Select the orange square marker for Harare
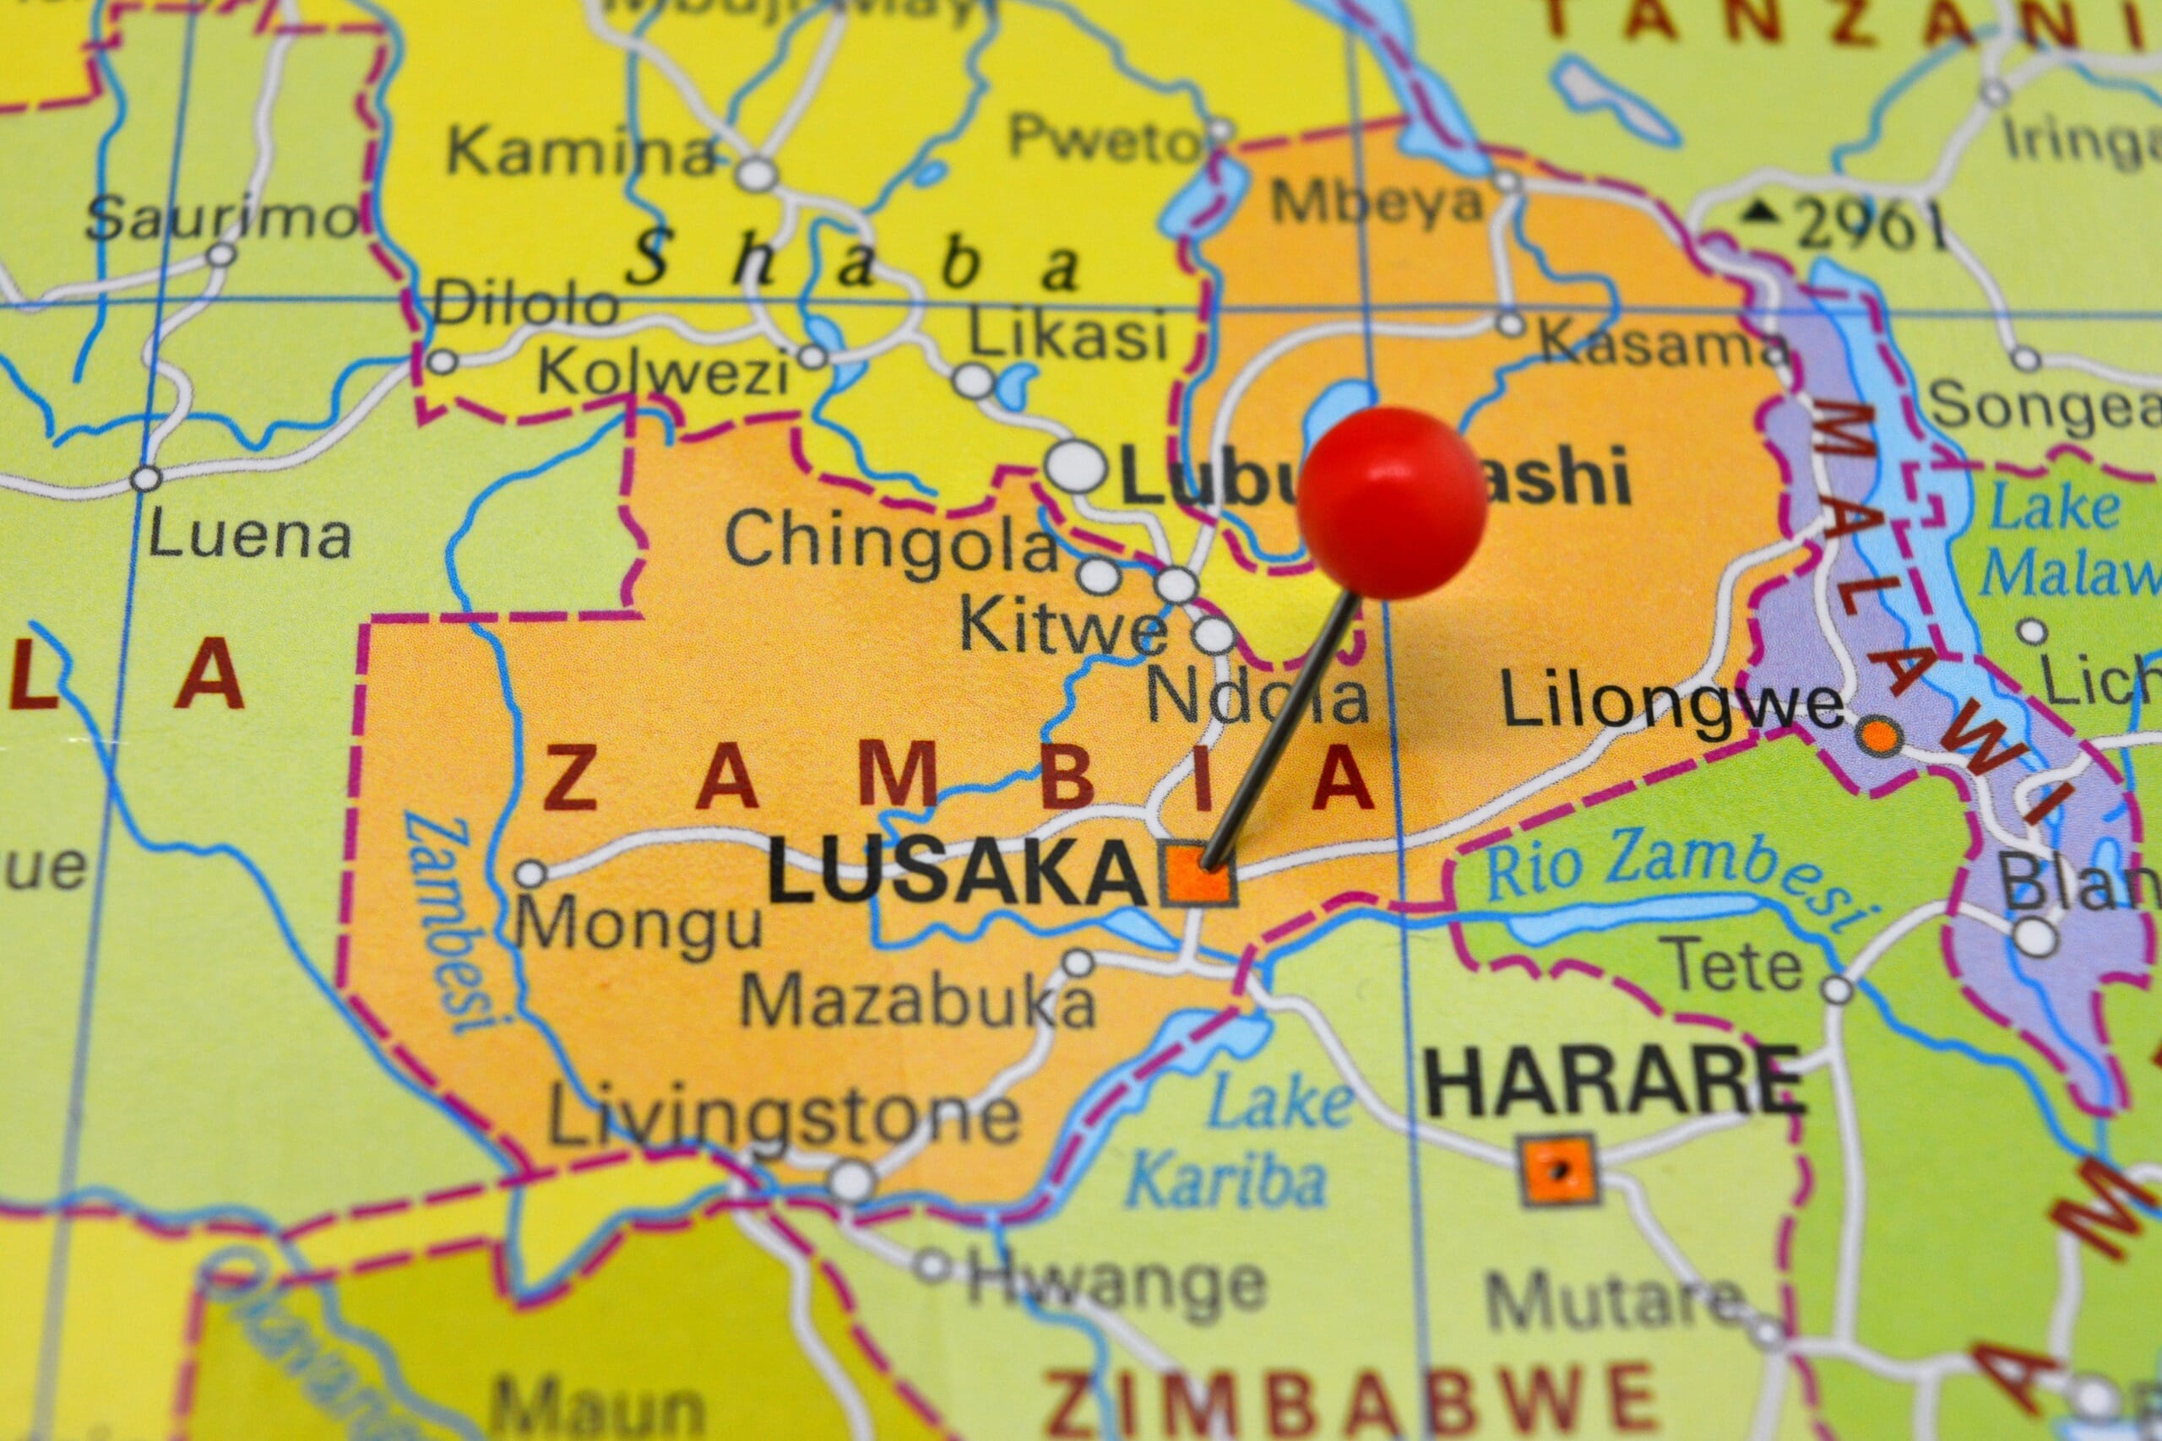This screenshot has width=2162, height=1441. (1557, 1169)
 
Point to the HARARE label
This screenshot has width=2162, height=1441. (1613, 1085)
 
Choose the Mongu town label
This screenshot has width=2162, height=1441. (638, 924)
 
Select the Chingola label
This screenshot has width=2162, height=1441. (892, 542)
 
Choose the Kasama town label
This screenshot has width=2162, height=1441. (1664, 343)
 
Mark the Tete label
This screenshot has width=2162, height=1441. (1736, 967)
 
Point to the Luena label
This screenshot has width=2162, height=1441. (250, 536)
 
